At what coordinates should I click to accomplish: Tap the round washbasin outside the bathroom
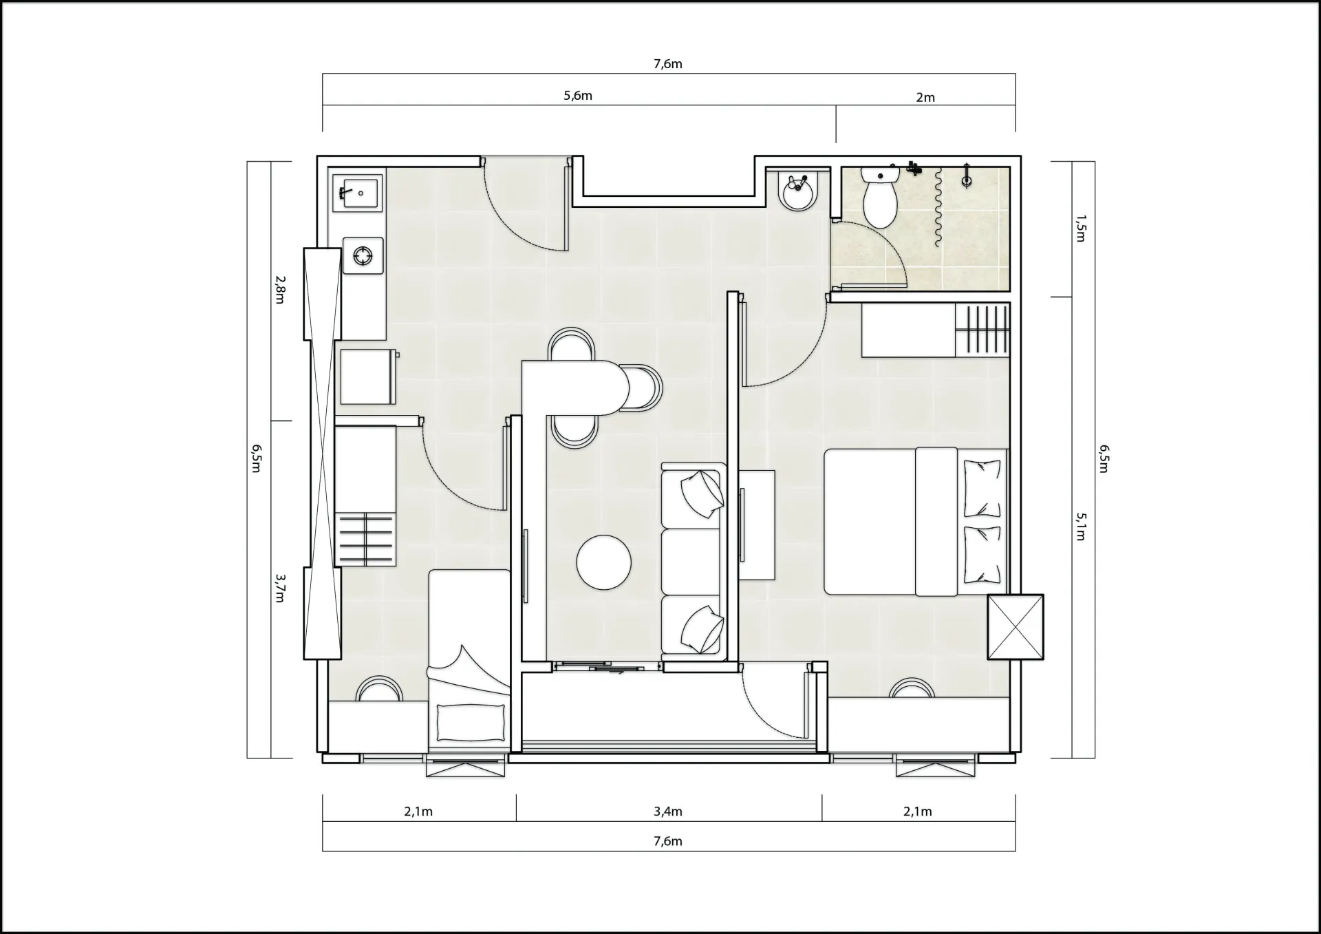799,191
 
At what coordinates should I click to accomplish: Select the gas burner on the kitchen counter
363,256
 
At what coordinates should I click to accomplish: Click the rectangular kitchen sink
356,192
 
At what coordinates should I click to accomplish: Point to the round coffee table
603,562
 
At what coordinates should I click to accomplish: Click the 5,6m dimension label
578,96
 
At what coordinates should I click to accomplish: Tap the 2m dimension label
925,98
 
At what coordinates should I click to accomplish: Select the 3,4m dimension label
668,811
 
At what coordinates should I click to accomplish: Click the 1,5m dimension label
1080,229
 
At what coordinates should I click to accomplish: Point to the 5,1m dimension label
1080,527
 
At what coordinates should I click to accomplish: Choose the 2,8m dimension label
279,290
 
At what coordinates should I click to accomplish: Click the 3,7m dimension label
279,588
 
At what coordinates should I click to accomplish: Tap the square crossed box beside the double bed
1016,627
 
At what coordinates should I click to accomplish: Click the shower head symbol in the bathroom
967,176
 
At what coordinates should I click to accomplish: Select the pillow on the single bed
471,722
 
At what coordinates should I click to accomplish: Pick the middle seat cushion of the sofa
691,561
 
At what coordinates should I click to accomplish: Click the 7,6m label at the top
668,64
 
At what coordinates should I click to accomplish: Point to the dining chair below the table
574,432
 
